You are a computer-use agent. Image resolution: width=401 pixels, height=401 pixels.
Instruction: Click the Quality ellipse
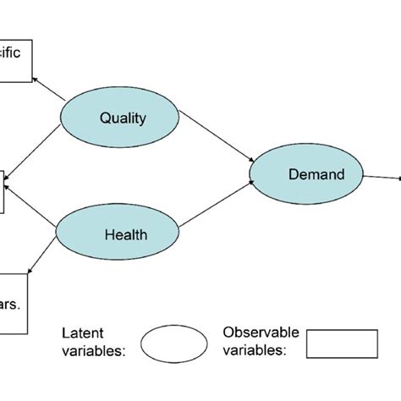click(x=122, y=118)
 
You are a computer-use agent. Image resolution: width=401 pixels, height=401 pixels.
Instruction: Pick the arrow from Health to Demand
click(x=216, y=208)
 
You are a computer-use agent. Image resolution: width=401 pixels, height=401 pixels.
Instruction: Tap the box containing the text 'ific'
click(x=15, y=61)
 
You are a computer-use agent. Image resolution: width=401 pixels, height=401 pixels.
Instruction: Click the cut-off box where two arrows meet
click(x=3, y=190)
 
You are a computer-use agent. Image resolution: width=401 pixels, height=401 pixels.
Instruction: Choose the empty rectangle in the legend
click(x=341, y=343)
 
